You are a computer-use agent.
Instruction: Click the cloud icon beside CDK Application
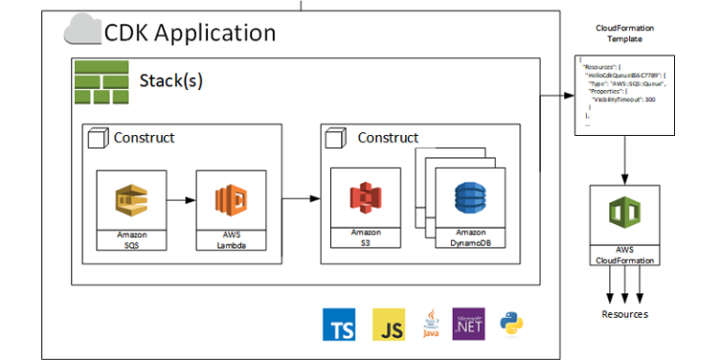[82, 33]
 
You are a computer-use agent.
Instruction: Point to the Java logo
[430, 323]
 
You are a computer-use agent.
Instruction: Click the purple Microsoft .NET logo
[468, 323]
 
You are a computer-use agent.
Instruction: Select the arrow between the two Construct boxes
[300, 198]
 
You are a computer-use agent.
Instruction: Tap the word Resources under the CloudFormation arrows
[624, 314]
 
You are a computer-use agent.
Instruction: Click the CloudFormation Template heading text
[624, 34]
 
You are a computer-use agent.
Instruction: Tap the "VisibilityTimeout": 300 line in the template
[623, 98]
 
